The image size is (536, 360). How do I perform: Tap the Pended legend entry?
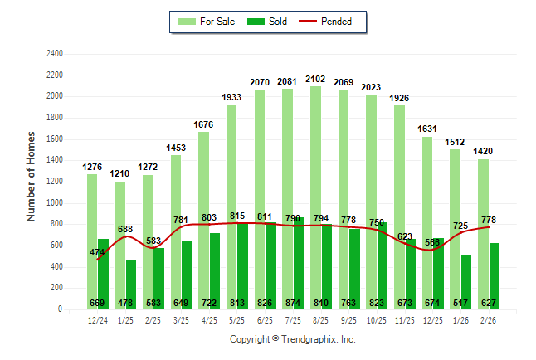click(x=332, y=22)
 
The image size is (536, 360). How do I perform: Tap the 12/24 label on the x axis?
click(x=98, y=320)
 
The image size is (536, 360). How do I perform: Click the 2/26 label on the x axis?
click(x=489, y=320)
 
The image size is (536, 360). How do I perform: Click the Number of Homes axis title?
click(x=32, y=176)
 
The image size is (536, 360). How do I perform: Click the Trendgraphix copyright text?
click(x=292, y=339)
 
